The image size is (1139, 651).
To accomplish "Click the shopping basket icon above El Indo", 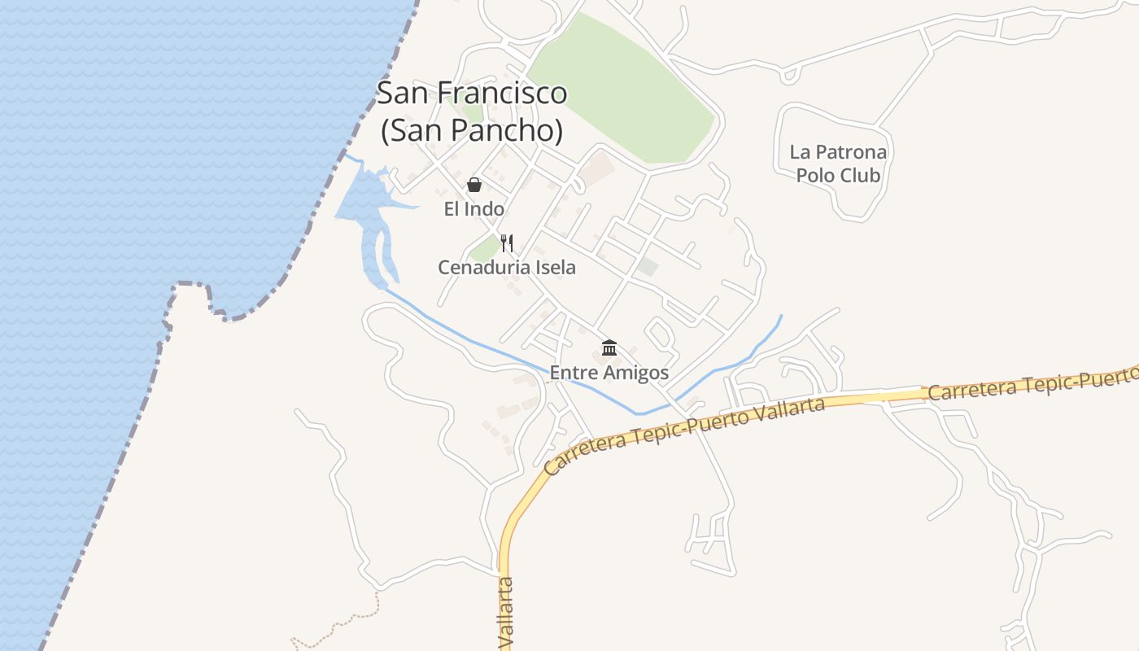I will click(474, 185).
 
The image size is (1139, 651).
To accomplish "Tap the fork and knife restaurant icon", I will click(507, 242).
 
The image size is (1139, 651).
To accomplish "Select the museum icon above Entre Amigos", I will click(609, 348).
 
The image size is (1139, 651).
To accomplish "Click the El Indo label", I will click(473, 209).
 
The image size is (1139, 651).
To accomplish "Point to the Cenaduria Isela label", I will click(506, 267).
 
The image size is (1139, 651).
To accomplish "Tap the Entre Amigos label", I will click(609, 373).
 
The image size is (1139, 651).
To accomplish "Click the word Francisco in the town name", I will click(502, 93).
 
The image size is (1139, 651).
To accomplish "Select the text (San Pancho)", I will click(472, 130).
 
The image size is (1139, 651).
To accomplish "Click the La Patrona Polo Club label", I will click(838, 163).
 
